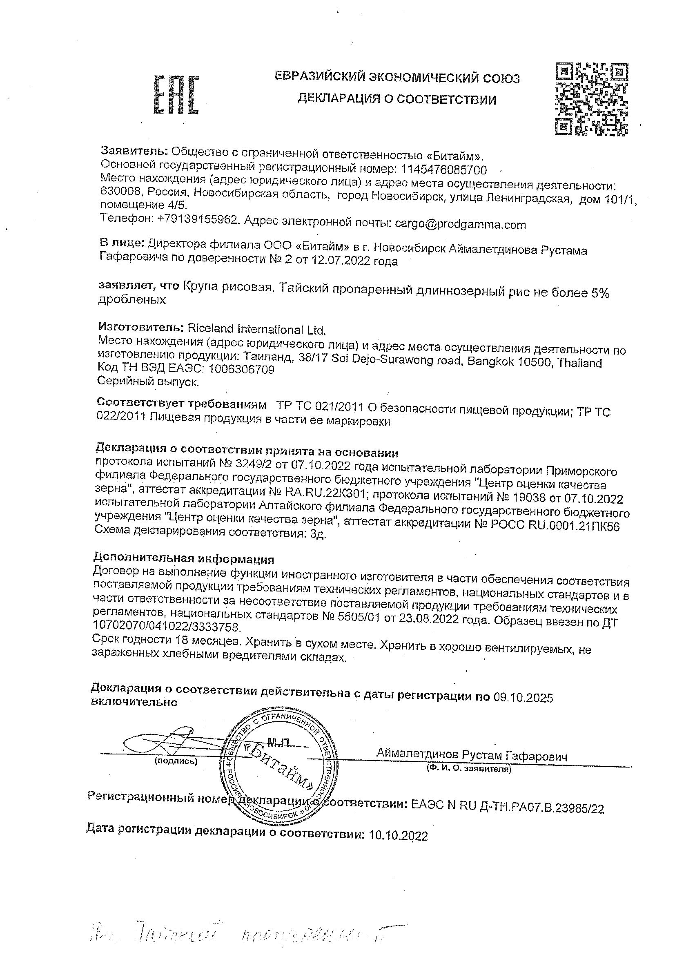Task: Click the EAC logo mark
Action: point(176,95)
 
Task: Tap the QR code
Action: point(591,98)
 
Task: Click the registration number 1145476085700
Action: point(443,170)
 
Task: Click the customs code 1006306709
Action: point(241,369)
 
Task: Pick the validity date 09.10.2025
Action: point(523,698)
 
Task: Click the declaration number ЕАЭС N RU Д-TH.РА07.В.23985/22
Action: point(507,808)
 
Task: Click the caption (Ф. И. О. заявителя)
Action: point(468,770)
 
